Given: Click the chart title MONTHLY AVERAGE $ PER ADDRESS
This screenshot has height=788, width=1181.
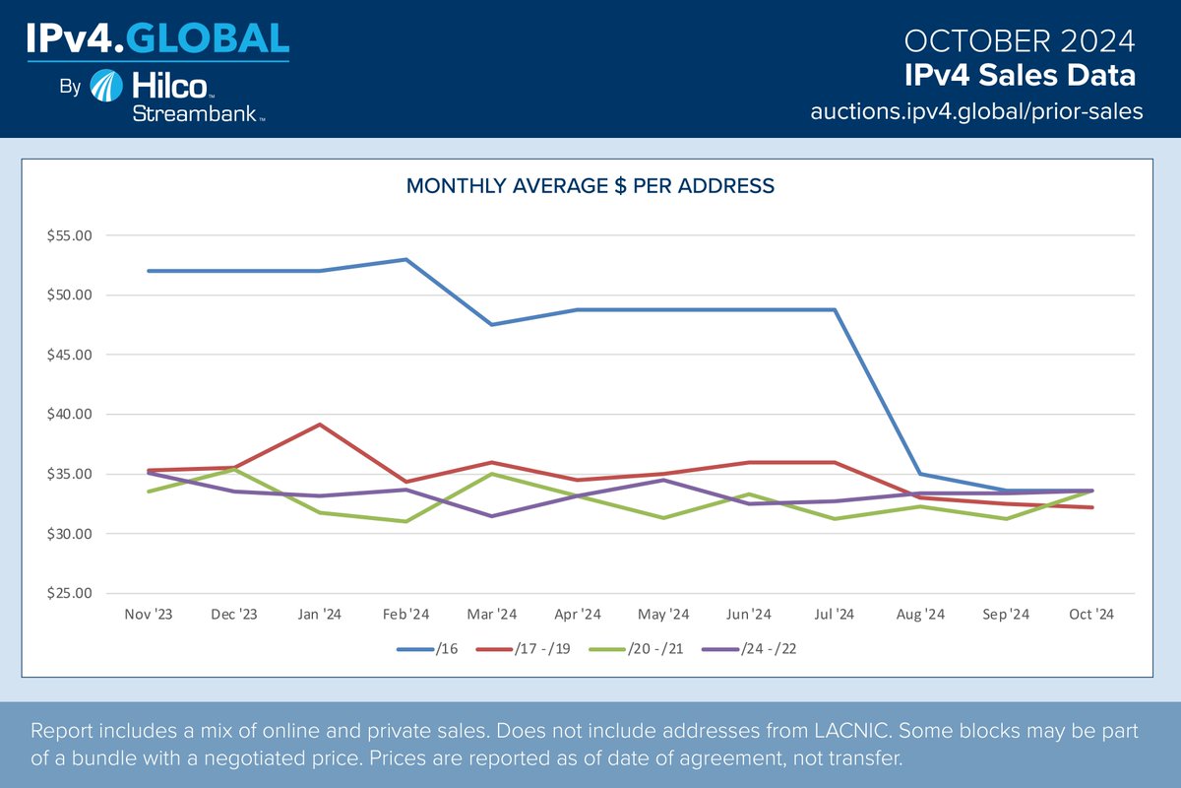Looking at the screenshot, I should (x=590, y=185).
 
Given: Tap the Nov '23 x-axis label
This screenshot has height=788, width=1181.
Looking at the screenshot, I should (x=149, y=615).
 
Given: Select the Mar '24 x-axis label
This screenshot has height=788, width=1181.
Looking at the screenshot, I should (x=491, y=615).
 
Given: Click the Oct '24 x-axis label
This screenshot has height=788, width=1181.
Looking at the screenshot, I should (x=1090, y=615).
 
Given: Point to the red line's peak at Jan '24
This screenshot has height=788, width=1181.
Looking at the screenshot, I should (x=320, y=425).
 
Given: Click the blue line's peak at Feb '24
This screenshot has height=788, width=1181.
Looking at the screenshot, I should (x=405, y=259).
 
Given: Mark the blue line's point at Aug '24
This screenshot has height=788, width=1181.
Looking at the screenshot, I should (x=919, y=474).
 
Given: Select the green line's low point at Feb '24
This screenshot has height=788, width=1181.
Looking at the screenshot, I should (x=405, y=521).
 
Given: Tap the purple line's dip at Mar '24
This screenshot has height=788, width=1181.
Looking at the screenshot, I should (x=491, y=516).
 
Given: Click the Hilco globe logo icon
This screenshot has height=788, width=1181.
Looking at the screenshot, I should (x=106, y=87).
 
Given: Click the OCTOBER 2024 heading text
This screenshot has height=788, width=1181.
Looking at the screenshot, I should (x=1019, y=41).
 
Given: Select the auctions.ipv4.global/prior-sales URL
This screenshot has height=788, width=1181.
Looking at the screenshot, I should (x=976, y=111).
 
